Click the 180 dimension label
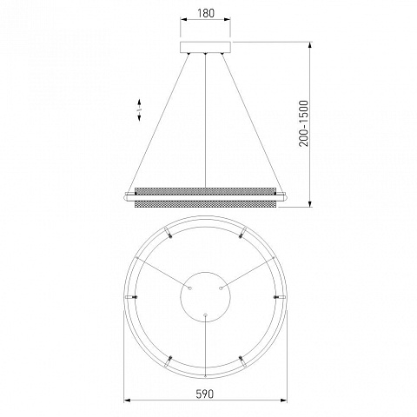point(206,13)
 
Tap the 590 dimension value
point(205,394)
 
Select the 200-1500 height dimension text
point(304,123)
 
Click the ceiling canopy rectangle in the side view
point(205,47)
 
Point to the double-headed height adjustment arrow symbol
point(139,109)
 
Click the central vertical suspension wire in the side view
point(205,121)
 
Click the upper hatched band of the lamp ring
point(205,191)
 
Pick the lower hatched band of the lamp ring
point(205,204)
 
